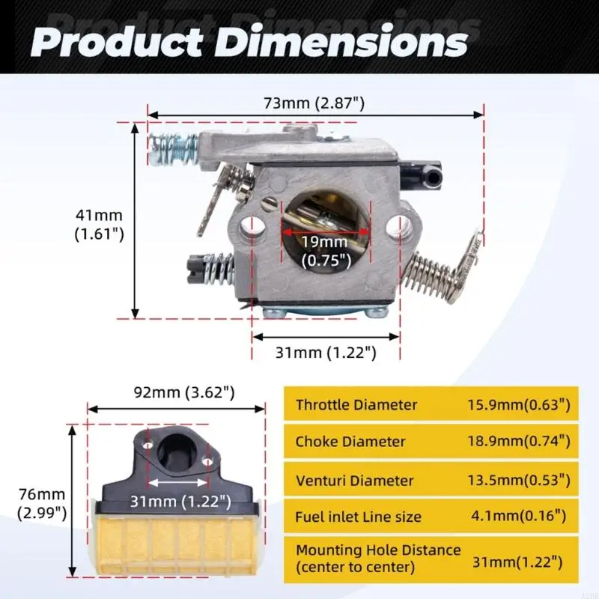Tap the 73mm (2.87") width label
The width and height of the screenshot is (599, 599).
[314, 103]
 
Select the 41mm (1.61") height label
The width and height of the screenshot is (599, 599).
[100, 225]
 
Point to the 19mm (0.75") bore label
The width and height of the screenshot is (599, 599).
[326, 252]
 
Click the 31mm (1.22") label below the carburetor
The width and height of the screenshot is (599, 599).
[326, 352]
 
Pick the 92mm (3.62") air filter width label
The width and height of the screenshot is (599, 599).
[184, 392]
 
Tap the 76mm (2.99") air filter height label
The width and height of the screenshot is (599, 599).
[42, 504]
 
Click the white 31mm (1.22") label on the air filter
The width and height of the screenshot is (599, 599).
[180, 501]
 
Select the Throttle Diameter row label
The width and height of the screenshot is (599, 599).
[356, 405]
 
